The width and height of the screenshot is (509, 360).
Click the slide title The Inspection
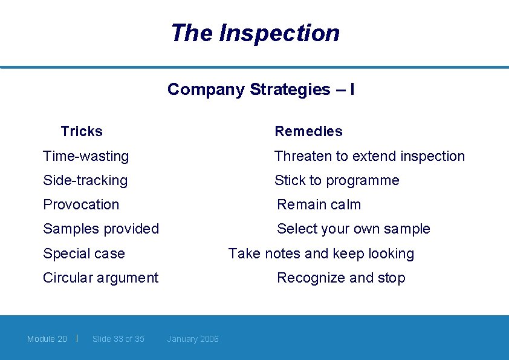tap(254, 33)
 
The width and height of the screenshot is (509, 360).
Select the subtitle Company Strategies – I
tap(261, 90)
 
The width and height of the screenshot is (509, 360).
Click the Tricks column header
tap(82, 131)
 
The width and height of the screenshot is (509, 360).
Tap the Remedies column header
tap(308, 131)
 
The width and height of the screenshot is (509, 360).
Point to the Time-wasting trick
tap(86, 156)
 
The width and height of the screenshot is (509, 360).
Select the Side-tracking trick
tap(85, 180)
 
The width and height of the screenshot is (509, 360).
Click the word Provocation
tap(81, 205)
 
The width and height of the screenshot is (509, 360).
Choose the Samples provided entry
tap(101, 229)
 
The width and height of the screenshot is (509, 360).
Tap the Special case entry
tap(83, 254)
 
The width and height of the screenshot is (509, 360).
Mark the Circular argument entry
tap(100, 278)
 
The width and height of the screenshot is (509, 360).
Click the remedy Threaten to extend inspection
tap(369, 156)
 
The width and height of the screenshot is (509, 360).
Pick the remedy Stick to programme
tap(337, 180)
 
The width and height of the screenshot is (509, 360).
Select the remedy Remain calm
tap(319, 205)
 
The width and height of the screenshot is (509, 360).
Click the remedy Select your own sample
tap(353, 229)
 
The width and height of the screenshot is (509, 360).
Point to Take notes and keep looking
tap(321, 254)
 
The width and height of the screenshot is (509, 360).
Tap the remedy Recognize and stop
tap(341, 278)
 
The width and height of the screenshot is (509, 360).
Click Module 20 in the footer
tap(47, 339)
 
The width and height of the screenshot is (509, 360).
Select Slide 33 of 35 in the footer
tap(118, 339)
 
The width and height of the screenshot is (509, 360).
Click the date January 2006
tap(193, 339)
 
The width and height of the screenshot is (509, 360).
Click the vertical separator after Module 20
tap(77, 338)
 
